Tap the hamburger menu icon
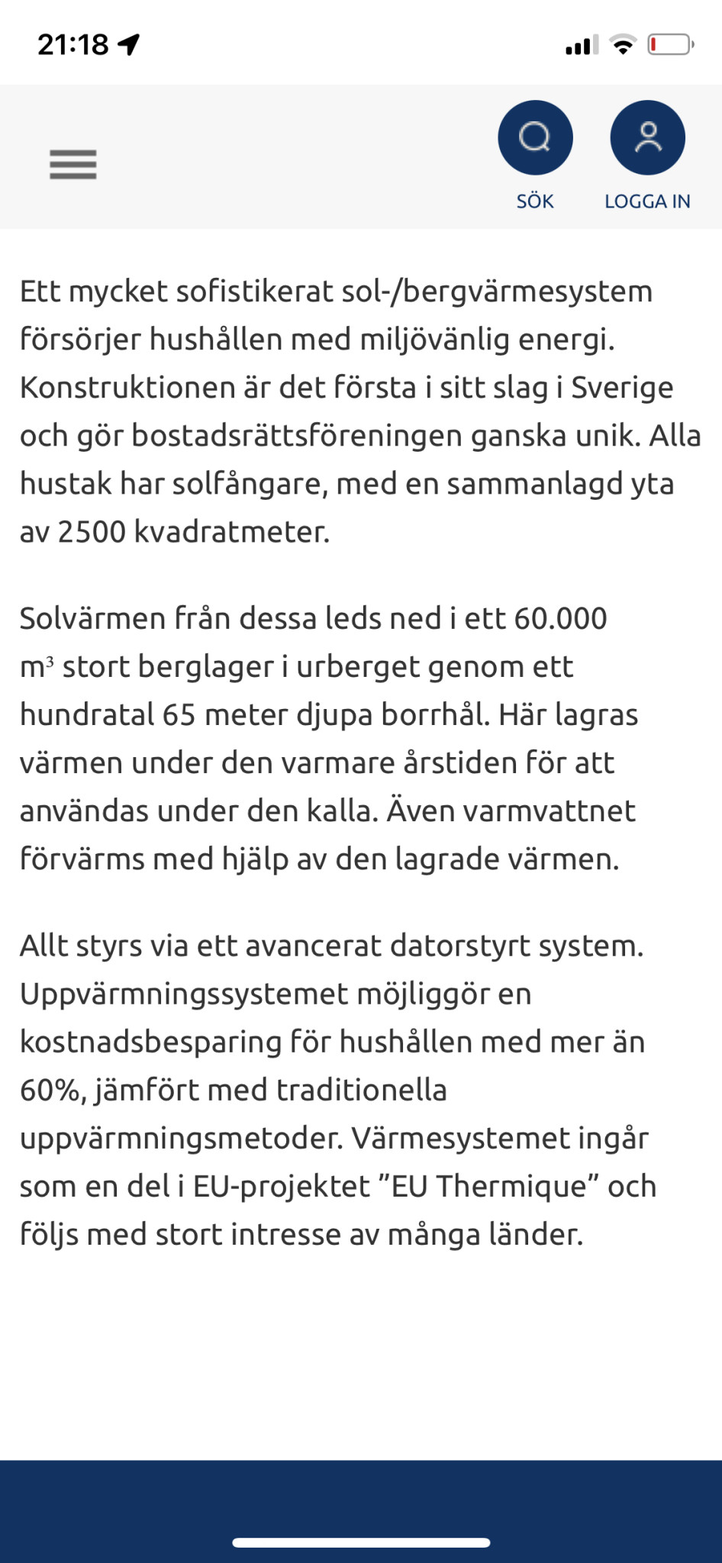coord(73,164)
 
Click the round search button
coord(535,137)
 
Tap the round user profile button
coord(647,137)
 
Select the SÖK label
coord(535,201)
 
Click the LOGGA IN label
coord(647,201)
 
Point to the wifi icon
coord(624,45)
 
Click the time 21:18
coord(73,45)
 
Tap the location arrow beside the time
coord(129,45)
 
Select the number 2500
coord(92,532)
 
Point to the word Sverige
coord(622,388)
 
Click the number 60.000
coord(560,618)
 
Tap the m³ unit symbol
coord(37,667)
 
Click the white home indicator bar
coord(361,1542)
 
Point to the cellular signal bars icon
coord(582,45)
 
